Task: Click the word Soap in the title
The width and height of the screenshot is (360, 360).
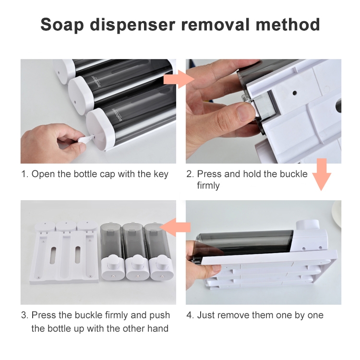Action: (62, 24)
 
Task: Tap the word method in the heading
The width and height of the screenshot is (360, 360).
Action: (288, 24)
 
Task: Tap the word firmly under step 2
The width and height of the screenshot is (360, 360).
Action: (208, 185)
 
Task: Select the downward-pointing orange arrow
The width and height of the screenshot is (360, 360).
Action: (322, 175)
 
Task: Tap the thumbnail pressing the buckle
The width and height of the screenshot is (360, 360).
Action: (246, 112)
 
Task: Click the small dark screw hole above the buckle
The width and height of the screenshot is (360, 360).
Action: (295, 93)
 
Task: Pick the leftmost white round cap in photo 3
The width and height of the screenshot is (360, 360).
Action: (45, 226)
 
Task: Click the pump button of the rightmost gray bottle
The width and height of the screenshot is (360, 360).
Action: (158, 261)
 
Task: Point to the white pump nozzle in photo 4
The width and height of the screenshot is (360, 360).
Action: (308, 225)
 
